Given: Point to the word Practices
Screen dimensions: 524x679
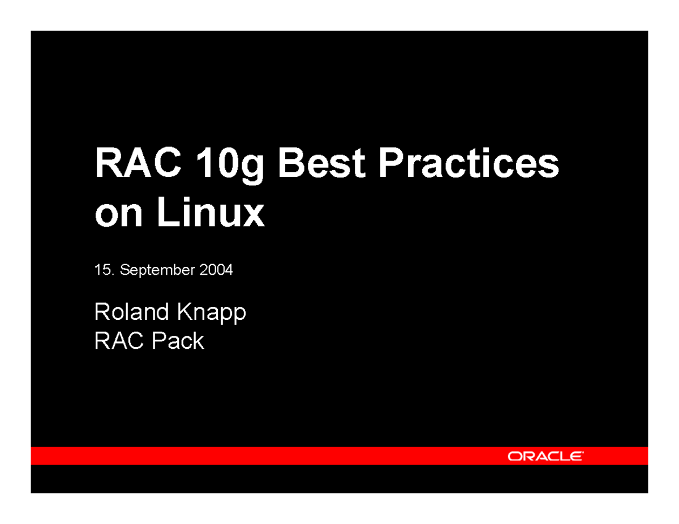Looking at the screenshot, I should point(468,164).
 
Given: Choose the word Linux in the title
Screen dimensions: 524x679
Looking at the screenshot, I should point(209,213).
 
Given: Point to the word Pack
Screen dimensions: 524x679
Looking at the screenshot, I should point(177,341).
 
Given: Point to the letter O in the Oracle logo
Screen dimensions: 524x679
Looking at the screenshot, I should point(515,456).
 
